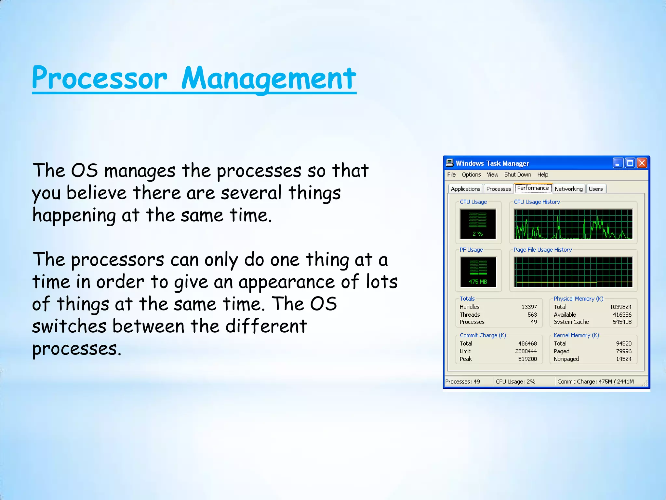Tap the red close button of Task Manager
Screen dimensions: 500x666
click(x=642, y=163)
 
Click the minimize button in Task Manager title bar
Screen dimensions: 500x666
click(x=618, y=163)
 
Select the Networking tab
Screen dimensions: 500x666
click(x=568, y=189)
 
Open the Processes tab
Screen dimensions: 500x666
click(x=499, y=189)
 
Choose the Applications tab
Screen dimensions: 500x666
click(x=465, y=189)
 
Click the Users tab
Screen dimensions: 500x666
click(x=595, y=189)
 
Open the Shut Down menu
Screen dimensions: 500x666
click(x=518, y=174)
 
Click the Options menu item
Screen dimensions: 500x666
click(x=471, y=174)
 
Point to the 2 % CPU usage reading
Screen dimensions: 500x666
click(x=477, y=234)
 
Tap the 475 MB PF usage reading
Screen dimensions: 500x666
click(x=478, y=282)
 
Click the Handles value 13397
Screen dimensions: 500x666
click(x=529, y=307)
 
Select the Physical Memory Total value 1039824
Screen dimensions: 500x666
click(x=620, y=307)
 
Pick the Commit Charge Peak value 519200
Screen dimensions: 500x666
click(x=527, y=359)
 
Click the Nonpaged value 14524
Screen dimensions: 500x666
click(x=624, y=359)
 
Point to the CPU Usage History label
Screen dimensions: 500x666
click(x=537, y=202)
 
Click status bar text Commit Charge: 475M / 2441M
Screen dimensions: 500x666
click(x=595, y=382)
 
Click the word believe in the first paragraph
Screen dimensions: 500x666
click(x=96, y=193)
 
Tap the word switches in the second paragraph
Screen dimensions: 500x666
click(x=69, y=326)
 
